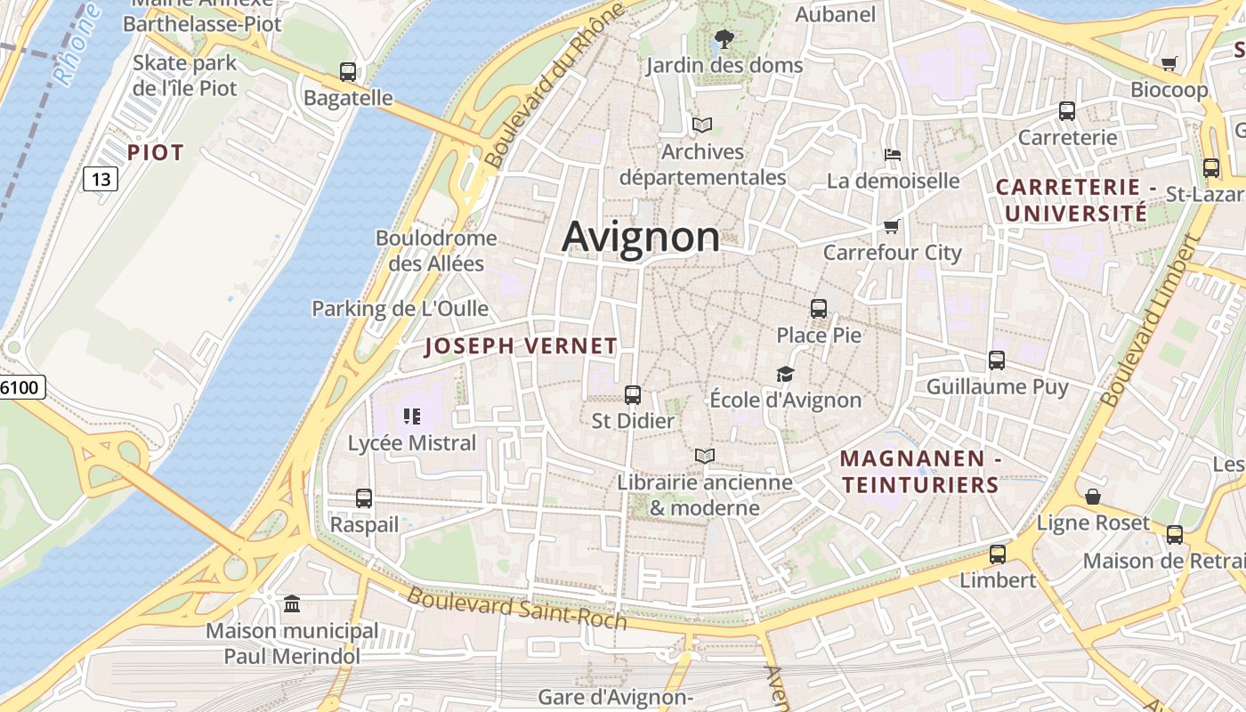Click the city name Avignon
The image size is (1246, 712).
pyautogui.click(x=641, y=237)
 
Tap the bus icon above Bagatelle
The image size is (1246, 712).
pyautogui.click(x=348, y=72)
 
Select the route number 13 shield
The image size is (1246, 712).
pyautogui.click(x=101, y=179)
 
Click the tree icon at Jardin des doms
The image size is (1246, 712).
pyautogui.click(x=724, y=39)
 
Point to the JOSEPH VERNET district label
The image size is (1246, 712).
pyautogui.click(x=521, y=346)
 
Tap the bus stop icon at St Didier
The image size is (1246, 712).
pyautogui.click(x=633, y=394)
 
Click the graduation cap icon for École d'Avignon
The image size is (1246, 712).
pyautogui.click(x=785, y=374)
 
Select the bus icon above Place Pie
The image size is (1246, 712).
pyautogui.click(x=819, y=309)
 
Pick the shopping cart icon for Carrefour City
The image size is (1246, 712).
pyautogui.click(x=892, y=226)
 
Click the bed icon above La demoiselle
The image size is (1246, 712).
pyautogui.click(x=893, y=155)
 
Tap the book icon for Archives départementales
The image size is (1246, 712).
pyautogui.click(x=702, y=125)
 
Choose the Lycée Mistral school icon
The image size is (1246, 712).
pyautogui.click(x=411, y=416)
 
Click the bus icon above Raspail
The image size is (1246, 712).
pyautogui.click(x=364, y=498)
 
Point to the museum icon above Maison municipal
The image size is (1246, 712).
pyautogui.click(x=292, y=604)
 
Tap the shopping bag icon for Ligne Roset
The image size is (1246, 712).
pyautogui.click(x=1092, y=496)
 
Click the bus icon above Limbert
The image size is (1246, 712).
pyautogui.click(x=998, y=554)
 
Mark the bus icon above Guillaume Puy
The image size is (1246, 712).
pyautogui.click(x=997, y=360)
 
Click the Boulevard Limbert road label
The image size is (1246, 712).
pyautogui.click(x=1148, y=320)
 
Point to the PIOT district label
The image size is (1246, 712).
pyautogui.click(x=155, y=153)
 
